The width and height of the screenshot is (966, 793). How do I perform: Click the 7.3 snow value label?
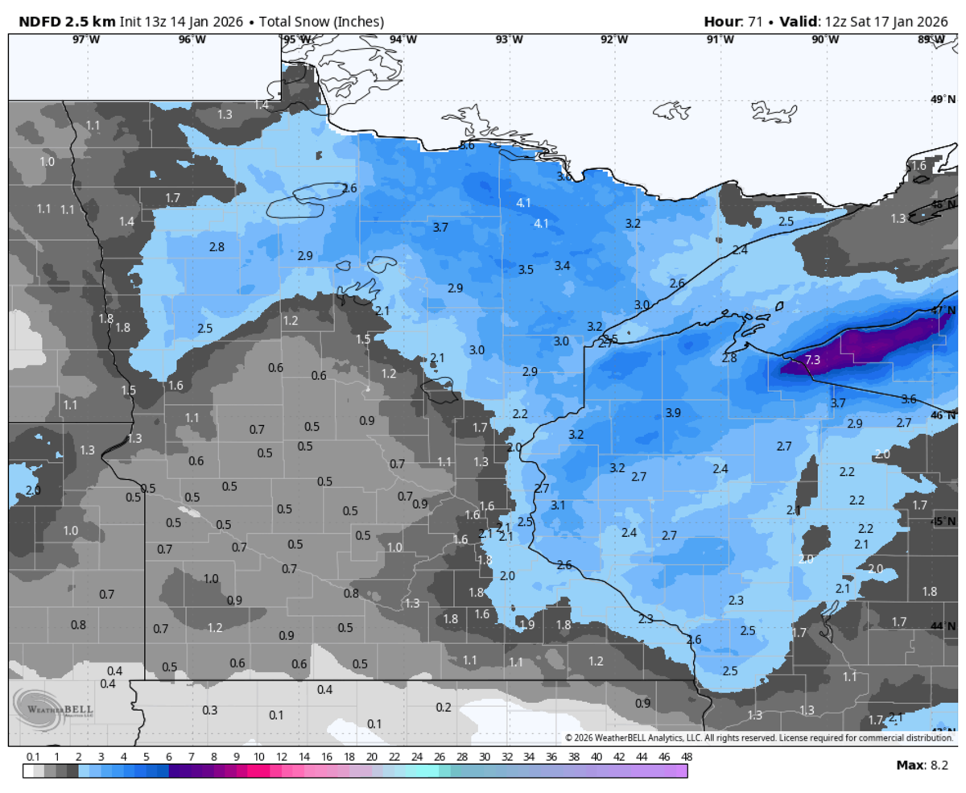tap(812, 360)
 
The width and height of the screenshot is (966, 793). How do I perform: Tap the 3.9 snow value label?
tap(674, 413)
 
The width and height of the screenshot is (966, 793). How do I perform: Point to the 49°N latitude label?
tap(941, 100)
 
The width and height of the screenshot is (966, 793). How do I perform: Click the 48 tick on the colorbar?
tap(686, 757)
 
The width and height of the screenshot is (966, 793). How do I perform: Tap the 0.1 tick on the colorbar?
tap(33, 757)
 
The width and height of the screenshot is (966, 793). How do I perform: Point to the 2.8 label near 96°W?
tap(217, 246)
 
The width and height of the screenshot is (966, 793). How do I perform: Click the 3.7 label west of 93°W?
tap(440, 228)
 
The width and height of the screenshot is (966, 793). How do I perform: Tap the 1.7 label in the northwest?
tap(172, 197)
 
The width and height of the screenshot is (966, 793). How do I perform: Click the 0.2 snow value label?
tap(443, 707)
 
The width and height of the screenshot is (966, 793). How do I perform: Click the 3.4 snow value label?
tap(563, 265)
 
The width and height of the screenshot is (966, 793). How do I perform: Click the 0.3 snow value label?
tap(209, 710)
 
